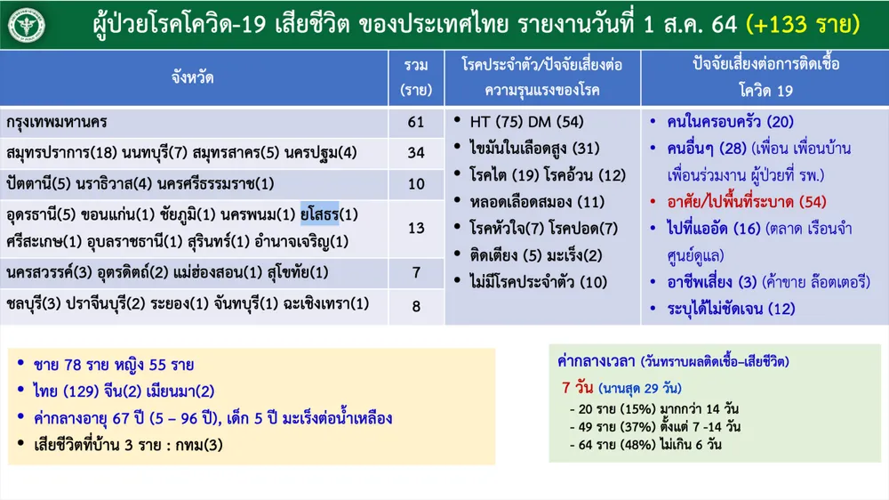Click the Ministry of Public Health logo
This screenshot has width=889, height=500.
point(26,25)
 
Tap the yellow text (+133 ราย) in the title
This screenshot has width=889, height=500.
point(803,24)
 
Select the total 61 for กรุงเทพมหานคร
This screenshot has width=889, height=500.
point(415,122)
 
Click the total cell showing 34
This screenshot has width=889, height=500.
point(415,153)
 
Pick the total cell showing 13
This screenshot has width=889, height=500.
point(415,228)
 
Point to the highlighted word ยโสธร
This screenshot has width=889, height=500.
point(319,214)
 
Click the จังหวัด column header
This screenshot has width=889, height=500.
point(193,77)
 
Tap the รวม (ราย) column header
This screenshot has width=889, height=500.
point(415,77)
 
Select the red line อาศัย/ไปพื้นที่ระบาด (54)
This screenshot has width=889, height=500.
point(746,202)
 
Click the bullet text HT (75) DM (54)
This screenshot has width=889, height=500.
point(526,122)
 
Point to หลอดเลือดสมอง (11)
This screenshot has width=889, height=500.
point(537,202)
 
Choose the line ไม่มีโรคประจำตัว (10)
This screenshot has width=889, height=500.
point(538,282)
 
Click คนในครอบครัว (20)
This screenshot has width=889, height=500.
point(730,122)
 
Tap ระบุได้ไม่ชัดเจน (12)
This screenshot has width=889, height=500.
point(731,309)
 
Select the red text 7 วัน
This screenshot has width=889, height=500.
point(578,388)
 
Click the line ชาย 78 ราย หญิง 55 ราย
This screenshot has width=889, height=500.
point(114,365)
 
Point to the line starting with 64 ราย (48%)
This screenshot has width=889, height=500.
point(645,444)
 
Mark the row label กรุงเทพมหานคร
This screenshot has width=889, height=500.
point(57,122)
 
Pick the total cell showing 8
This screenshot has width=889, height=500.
point(416,306)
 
